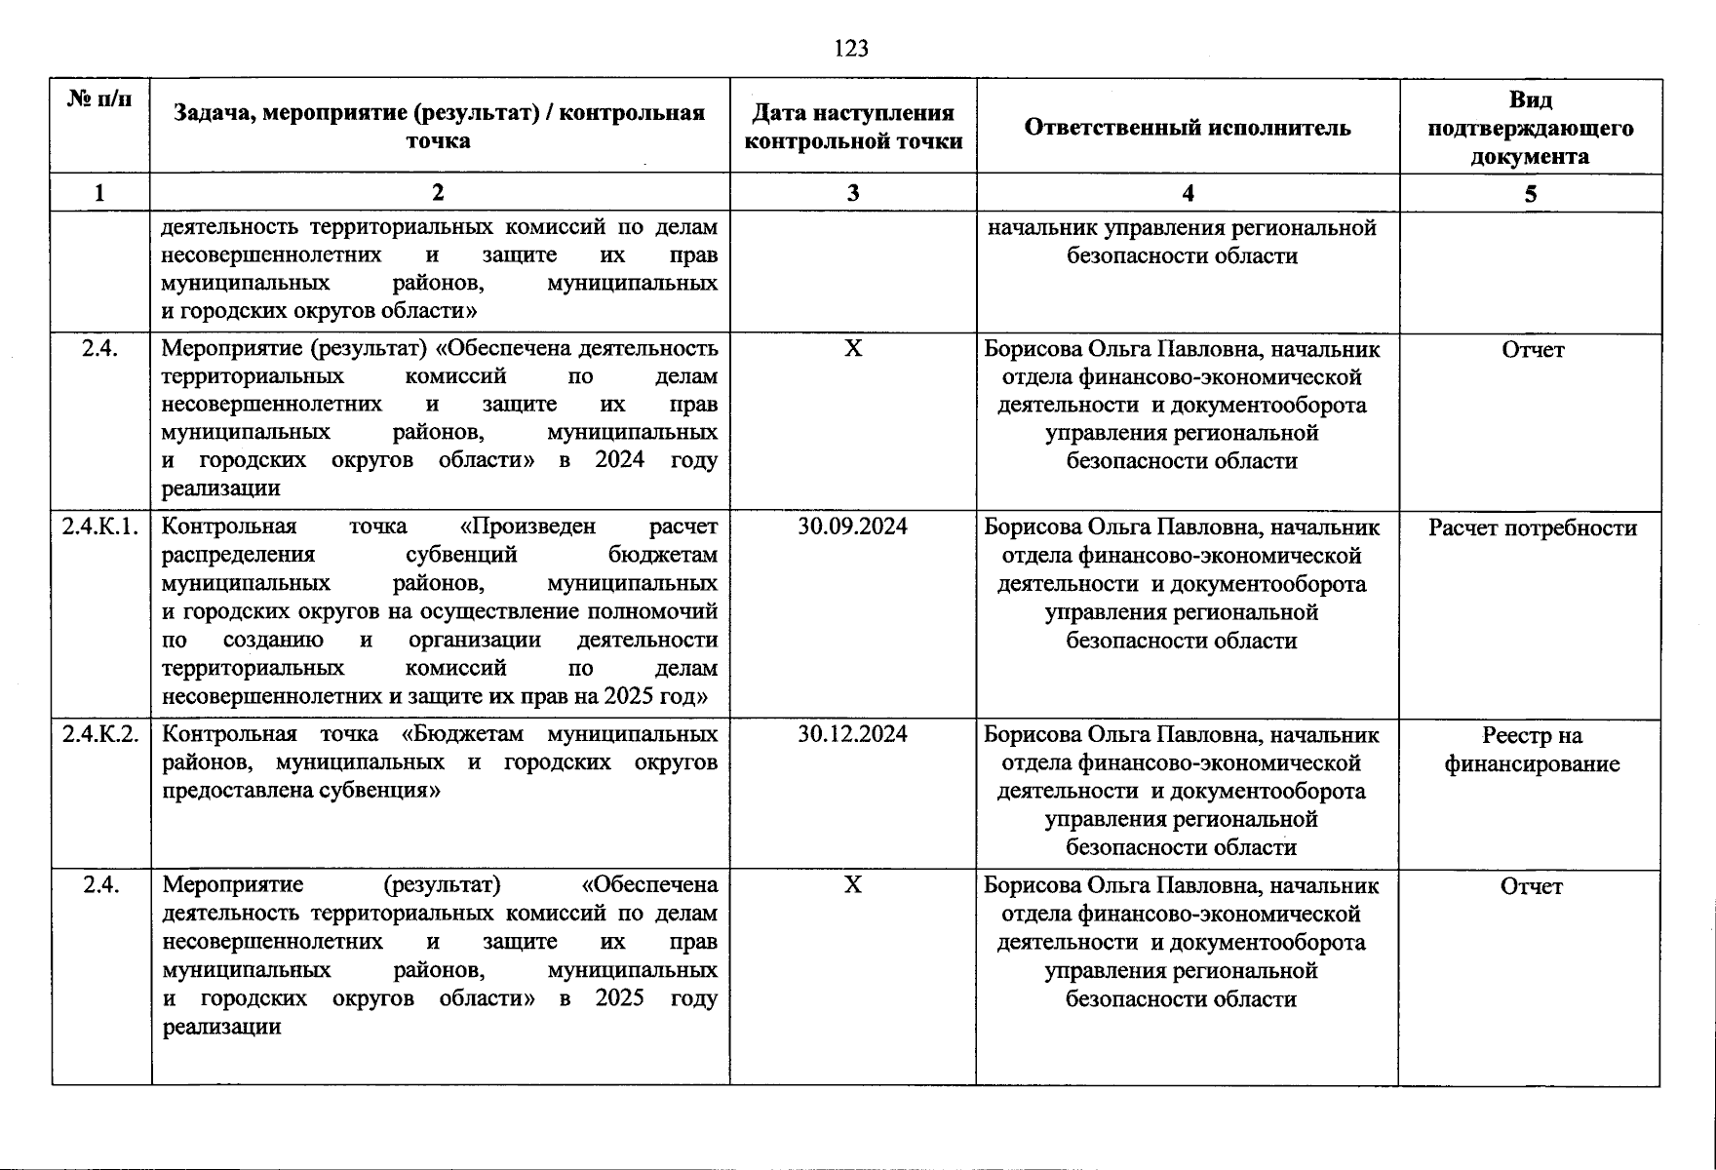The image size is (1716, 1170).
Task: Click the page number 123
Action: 851,48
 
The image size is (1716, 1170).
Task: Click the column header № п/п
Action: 99,98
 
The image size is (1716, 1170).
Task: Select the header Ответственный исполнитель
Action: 1187,127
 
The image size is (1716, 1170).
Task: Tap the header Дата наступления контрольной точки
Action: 852,128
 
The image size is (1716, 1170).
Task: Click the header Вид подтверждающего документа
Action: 1530,128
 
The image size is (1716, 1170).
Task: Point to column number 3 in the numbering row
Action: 852,193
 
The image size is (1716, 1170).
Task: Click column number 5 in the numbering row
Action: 1530,194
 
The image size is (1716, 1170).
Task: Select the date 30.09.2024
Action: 852,526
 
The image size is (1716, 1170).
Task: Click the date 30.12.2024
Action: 852,733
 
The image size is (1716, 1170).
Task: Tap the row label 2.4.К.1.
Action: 100,526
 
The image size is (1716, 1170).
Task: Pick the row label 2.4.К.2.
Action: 100,733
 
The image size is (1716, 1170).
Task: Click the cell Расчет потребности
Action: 1532,527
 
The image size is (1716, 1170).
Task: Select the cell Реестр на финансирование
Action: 1532,749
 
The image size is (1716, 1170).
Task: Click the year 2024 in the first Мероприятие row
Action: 619,459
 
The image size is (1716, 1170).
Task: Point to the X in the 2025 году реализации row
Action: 852,884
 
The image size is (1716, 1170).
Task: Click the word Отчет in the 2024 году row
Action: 1532,350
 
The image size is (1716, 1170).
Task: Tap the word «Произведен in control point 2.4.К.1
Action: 526,526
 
